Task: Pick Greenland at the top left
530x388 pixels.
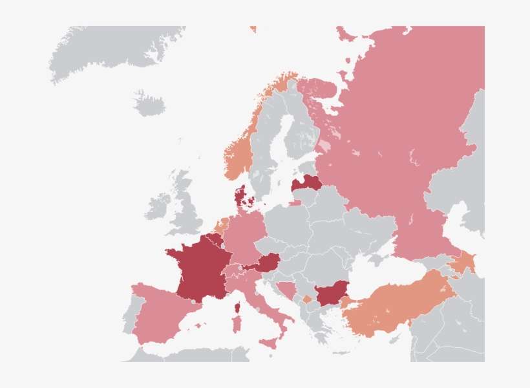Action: pyautogui.click(x=110, y=48)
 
